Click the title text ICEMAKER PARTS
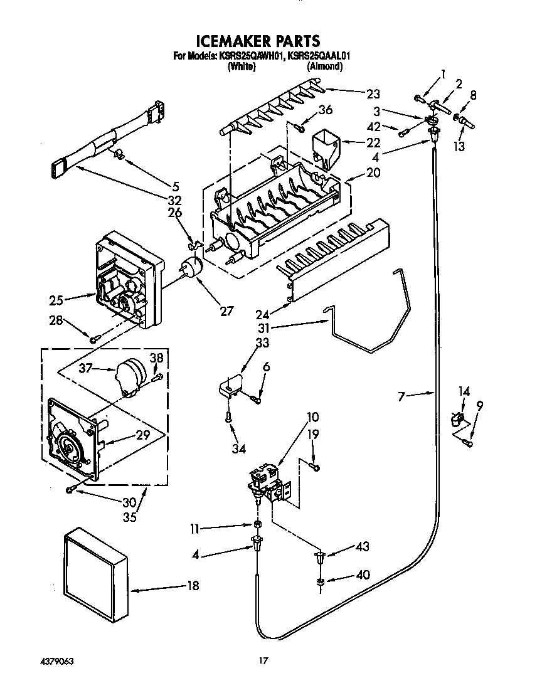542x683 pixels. [x=258, y=41]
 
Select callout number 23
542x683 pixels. [x=373, y=94]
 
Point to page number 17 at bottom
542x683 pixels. [x=264, y=660]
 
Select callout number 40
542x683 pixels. [x=362, y=574]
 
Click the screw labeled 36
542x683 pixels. [x=300, y=129]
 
